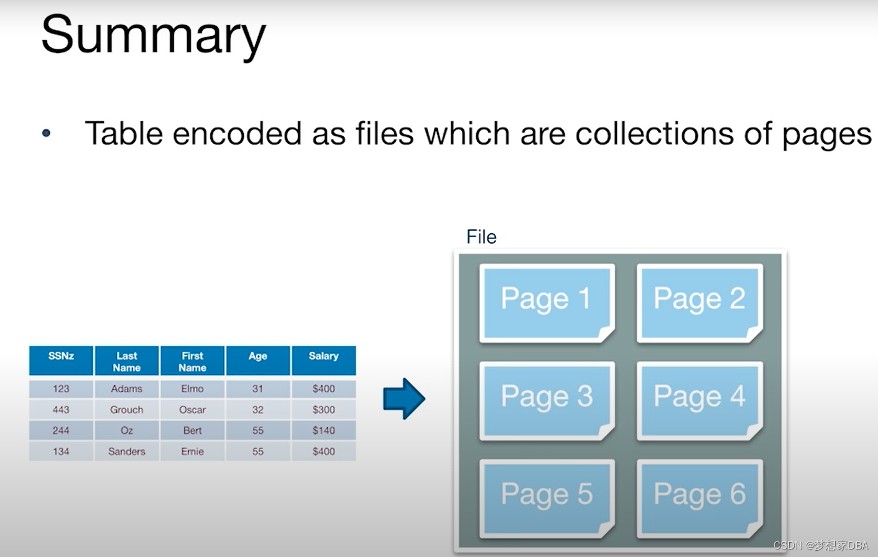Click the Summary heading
click(x=154, y=35)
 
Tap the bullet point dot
click(x=46, y=133)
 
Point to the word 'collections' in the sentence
click(x=654, y=133)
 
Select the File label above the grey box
click(x=481, y=237)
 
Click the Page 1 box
click(x=547, y=302)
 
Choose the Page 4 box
click(x=700, y=400)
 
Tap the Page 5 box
click(x=547, y=498)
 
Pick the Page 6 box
click(x=700, y=498)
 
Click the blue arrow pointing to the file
click(x=404, y=398)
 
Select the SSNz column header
click(x=61, y=360)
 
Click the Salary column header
click(x=323, y=360)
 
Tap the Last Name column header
click(x=127, y=361)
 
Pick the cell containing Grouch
click(x=127, y=410)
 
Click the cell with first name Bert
click(x=192, y=430)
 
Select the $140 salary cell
click(x=323, y=430)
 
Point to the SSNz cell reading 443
click(x=61, y=410)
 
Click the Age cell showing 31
click(x=257, y=389)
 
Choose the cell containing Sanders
click(x=127, y=451)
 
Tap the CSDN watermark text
click(x=821, y=545)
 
